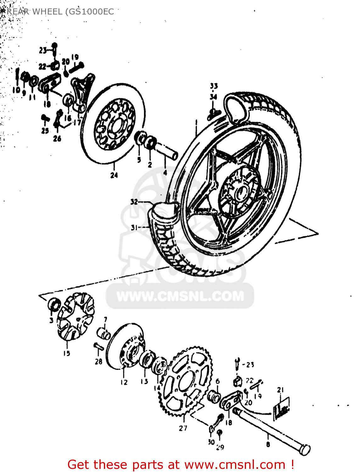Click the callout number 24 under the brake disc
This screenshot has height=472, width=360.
[x=114, y=175]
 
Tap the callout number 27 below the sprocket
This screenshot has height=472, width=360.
[x=183, y=428]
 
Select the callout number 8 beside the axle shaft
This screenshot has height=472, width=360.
[x=268, y=444]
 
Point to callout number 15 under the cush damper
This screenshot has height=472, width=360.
[x=66, y=353]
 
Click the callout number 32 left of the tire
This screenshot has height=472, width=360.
[x=134, y=202]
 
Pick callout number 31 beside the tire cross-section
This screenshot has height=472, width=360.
[x=134, y=227]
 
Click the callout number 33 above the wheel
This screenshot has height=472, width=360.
[x=214, y=86]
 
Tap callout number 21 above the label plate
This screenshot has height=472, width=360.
[x=280, y=390]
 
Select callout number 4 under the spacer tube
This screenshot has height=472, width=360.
[x=165, y=172]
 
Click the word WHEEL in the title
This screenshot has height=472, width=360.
[x=47, y=12]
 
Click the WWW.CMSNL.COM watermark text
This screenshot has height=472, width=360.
[x=180, y=296]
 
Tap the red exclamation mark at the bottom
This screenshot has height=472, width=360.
[x=292, y=464]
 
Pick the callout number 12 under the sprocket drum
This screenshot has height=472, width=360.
[x=124, y=382]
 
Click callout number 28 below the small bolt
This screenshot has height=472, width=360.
[x=98, y=362]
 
